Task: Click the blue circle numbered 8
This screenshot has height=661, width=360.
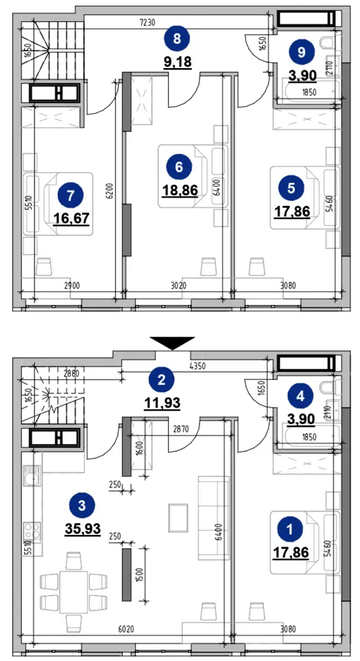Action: tap(177, 39)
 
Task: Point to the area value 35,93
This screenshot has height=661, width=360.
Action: tap(83, 528)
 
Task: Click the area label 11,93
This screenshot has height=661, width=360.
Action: tap(162, 403)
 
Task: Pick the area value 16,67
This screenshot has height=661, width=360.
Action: tap(71, 218)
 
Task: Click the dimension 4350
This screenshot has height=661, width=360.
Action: tap(197, 366)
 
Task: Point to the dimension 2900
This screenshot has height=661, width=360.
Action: tap(71, 286)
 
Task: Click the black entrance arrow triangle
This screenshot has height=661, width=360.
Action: tap(172, 343)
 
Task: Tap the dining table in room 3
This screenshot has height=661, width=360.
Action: tap(74, 592)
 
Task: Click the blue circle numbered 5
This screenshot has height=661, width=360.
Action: tap(291, 188)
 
